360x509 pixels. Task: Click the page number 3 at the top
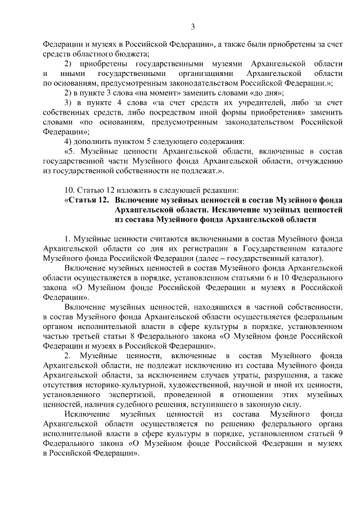(193, 26)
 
